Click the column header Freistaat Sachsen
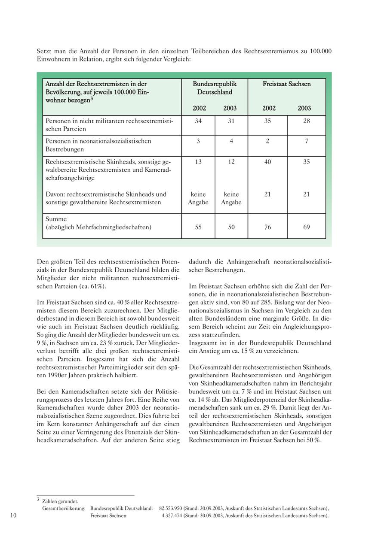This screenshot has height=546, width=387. pyautogui.click(x=286, y=84)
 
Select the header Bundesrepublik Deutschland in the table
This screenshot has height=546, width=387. pyautogui.click(x=215, y=88)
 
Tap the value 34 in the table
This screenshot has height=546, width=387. pyautogui.click(x=198, y=121)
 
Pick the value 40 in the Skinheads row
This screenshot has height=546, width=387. pyautogui.click(x=267, y=162)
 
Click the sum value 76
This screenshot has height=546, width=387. pyautogui.click(x=267, y=227)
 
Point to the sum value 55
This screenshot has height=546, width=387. pyautogui.click(x=198, y=227)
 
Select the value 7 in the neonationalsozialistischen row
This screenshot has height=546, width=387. pyautogui.click(x=306, y=141)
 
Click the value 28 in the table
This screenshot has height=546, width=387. pyautogui.click(x=306, y=121)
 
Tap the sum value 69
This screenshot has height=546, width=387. pyautogui.click(x=306, y=227)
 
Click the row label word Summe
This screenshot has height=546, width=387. pyautogui.click(x=56, y=219)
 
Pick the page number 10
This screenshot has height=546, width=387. pyautogui.click(x=13, y=516)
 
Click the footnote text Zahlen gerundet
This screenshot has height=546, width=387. pyautogui.click(x=60, y=501)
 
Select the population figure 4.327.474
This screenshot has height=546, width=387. pyautogui.click(x=172, y=516)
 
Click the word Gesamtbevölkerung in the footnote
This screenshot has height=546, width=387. pyautogui.click(x=64, y=508)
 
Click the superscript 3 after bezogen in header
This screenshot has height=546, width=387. pyautogui.click(x=92, y=99)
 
